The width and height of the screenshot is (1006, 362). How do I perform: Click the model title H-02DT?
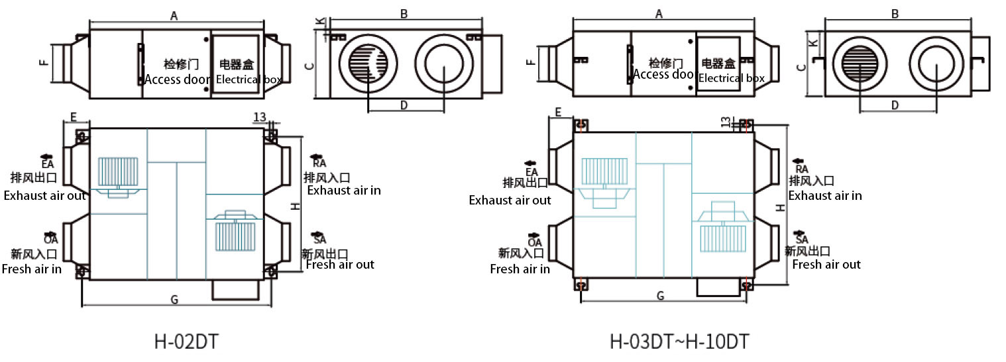pyautogui.click(x=186, y=342)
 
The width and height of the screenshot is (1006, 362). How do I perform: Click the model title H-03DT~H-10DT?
pyautogui.click(x=679, y=342)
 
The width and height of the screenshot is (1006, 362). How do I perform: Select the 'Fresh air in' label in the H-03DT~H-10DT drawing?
pyautogui.click(x=520, y=269)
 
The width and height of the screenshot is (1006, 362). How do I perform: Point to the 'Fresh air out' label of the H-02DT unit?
pyautogui.click(x=340, y=265)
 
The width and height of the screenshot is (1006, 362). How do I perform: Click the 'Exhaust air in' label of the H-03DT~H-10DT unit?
pyautogui.click(x=824, y=196)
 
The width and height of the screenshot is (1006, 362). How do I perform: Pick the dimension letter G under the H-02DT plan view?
pyautogui.click(x=174, y=300)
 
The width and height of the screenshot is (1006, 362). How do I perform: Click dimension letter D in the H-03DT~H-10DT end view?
pyautogui.click(x=895, y=105)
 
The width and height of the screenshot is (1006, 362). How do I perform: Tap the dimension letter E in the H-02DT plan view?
pyautogui.click(x=74, y=117)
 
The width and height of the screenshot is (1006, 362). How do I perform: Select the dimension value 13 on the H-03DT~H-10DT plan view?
pyautogui.click(x=725, y=122)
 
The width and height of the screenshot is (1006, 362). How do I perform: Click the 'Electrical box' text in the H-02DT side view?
pyautogui.click(x=249, y=79)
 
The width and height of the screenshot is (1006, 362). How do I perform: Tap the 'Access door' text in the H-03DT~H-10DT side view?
pyautogui.click(x=663, y=75)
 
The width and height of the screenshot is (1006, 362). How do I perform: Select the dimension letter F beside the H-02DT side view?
pyautogui.click(x=43, y=64)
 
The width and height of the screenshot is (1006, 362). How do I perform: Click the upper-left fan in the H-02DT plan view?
pyautogui.click(x=118, y=171)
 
